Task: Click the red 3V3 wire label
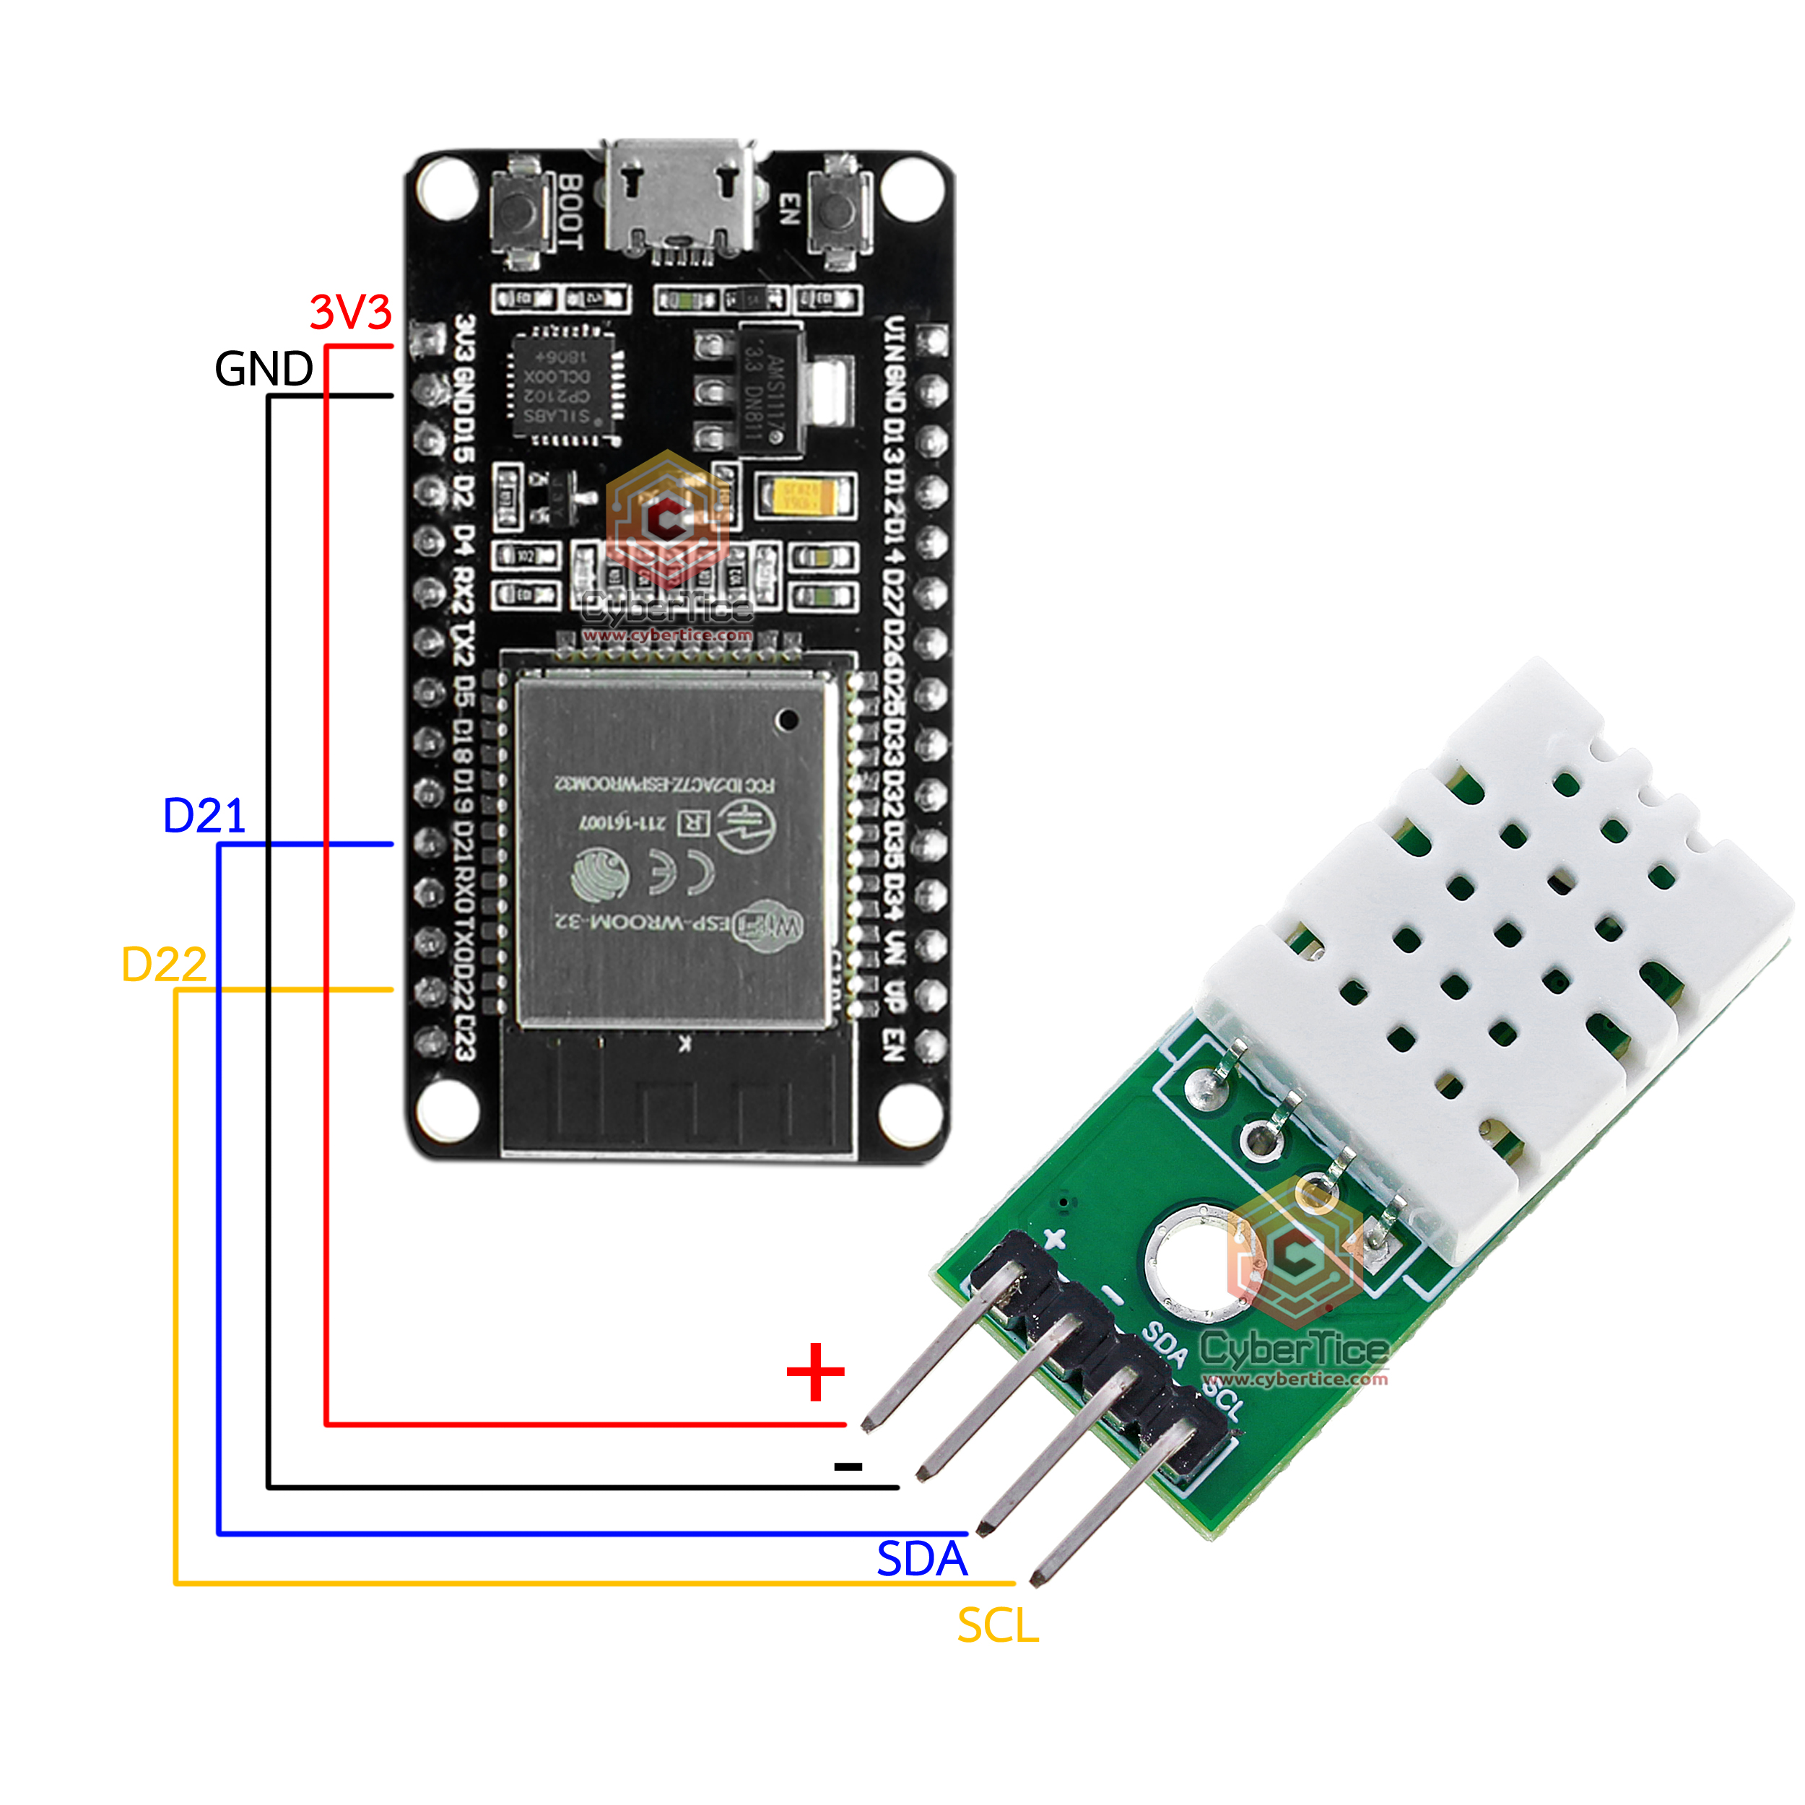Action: (x=350, y=312)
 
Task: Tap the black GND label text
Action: (x=264, y=369)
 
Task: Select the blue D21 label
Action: (x=204, y=816)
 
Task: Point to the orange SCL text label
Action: (x=997, y=1627)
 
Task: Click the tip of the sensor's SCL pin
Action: (x=1037, y=1580)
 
